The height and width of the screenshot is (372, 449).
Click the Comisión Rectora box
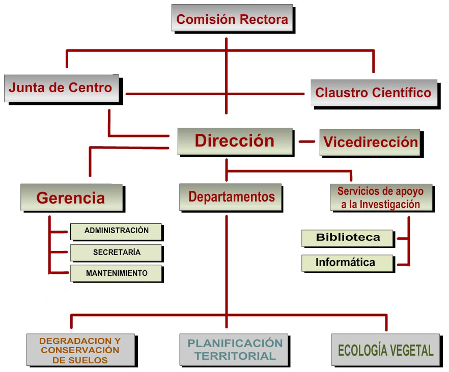click(x=232, y=20)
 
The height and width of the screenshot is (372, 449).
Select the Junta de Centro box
click(x=61, y=88)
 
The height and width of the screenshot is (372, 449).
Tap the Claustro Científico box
click(x=374, y=93)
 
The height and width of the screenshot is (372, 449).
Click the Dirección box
click(x=235, y=141)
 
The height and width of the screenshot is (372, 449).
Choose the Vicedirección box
click(x=371, y=142)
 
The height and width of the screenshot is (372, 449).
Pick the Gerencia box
click(x=71, y=197)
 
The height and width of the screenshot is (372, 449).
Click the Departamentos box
click(x=231, y=197)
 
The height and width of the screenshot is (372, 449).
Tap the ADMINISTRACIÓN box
click(x=116, y=231)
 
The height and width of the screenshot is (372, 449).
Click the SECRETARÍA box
click(x=116, y=252)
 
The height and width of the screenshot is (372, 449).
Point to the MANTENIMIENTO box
click(x=116, y=273)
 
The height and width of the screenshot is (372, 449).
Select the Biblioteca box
click(x=348, y=238)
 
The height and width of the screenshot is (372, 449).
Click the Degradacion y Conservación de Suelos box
click(x=80, y=350)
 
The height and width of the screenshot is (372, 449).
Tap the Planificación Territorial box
click(x=234, y=350)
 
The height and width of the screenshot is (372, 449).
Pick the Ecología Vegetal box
click(x=385, y=350)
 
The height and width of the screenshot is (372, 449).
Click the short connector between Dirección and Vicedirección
click(x=306, y=141)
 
